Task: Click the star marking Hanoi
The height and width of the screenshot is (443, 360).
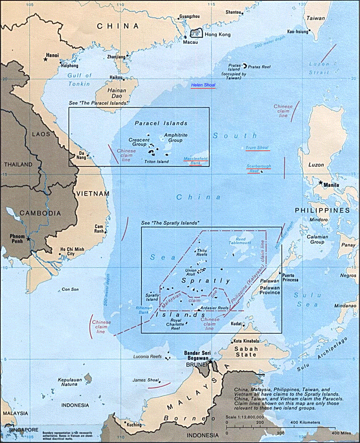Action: click(45, 58)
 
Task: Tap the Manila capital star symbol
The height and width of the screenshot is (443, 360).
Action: click(320, 183)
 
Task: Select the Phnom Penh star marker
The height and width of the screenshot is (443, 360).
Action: click(29, 238)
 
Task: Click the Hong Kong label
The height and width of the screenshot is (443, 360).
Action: click(214, 34)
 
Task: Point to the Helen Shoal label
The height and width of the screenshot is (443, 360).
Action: click(203, 85)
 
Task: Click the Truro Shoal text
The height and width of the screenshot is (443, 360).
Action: click(257, 148)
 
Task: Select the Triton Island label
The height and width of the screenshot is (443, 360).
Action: click(157, 162)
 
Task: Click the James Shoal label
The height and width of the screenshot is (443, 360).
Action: click(144, 380)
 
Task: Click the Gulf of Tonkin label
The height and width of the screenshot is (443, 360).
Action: click(79, 80)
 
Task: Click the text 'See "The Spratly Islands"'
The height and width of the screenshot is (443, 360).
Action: click(170, 223)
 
